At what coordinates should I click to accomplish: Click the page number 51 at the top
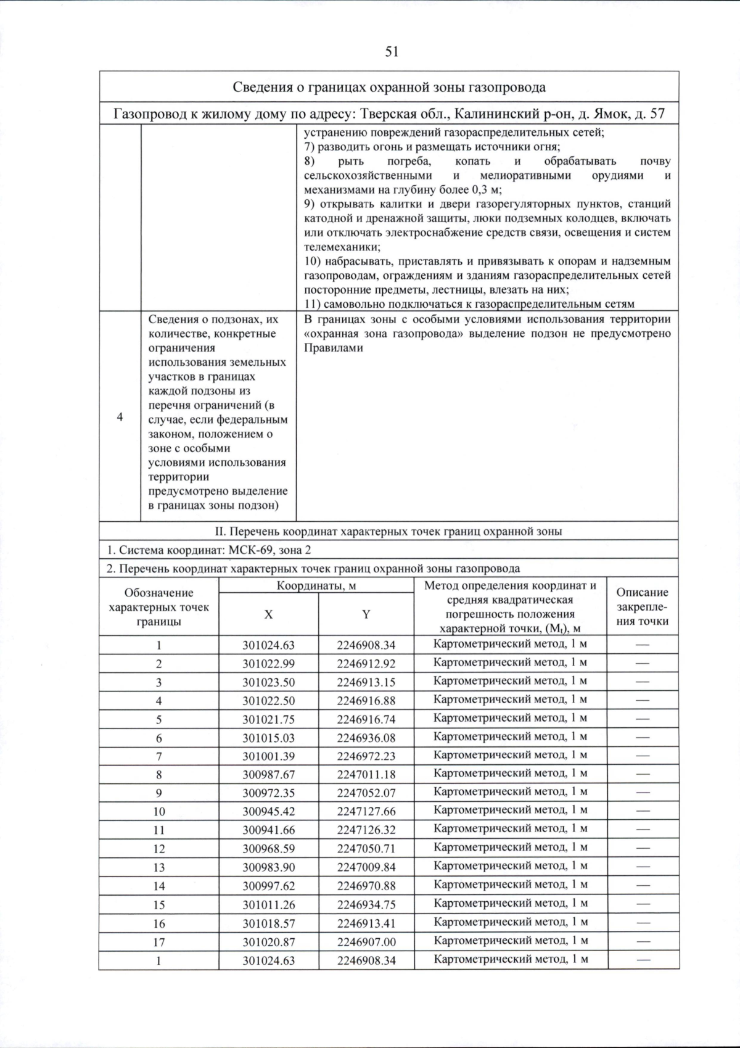click(392, 52)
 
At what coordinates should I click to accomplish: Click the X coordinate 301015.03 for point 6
click(268, 738)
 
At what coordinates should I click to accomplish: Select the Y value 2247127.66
click(366, 812)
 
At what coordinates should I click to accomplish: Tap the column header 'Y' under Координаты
click(366, 614)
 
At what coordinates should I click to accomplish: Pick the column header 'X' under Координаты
click(268, 614)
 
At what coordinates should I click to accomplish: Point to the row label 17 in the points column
click(158, 942)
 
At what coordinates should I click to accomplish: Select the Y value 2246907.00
click(366, 942)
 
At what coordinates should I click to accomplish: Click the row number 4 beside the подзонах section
click(120, 417)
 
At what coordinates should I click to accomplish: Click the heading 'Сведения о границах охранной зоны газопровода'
click(389, 87)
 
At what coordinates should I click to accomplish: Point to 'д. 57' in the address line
click(649, 114)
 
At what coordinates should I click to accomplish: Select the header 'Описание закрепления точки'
click(642, 607)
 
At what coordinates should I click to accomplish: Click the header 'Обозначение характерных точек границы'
click(158, 607)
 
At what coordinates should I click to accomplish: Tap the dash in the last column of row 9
click(643, 792)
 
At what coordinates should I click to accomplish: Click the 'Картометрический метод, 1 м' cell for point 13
click(510, 866)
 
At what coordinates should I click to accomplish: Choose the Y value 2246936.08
click(366, 738)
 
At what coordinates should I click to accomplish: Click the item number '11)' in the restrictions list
click(313, 304)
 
